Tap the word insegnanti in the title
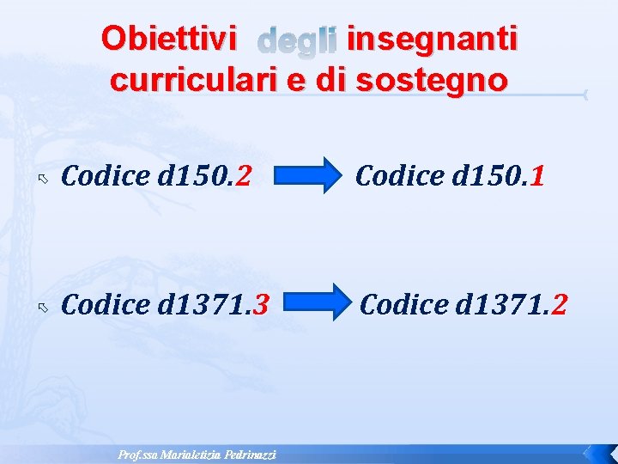tap(431, 39)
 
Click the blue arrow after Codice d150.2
tap(310, 177)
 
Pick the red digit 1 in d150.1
tap(538, 176)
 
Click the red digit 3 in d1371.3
tap(262, 303)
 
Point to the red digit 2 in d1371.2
tap(559, 303)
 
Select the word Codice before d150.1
tap(395, 176)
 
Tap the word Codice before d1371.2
tap(399, 303)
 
